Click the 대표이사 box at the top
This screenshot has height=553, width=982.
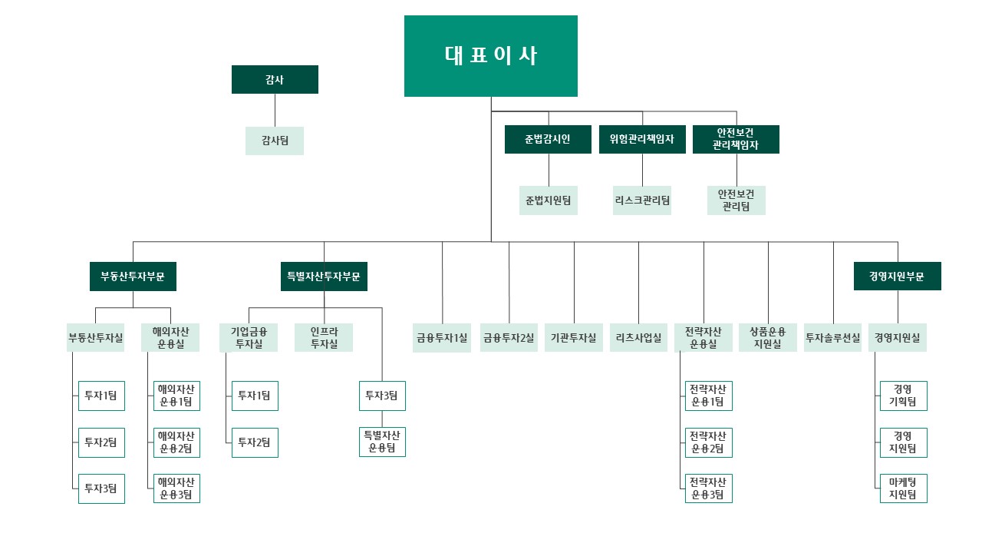pos(490,56)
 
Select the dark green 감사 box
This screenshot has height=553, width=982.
pos(275,79)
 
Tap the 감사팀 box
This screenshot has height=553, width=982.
pos(275,141)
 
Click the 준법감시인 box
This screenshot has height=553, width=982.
pos(548,139)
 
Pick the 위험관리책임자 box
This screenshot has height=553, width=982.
pos(642,139)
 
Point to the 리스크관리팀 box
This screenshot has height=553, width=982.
pos(642,200)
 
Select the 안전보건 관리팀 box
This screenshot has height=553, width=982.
pos(736,200)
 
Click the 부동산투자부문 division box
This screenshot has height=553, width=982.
pos(133,276)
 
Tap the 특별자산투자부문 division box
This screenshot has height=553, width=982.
pos(324,276)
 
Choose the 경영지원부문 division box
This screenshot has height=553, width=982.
pos(898,276)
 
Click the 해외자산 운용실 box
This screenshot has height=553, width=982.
pos(170,337)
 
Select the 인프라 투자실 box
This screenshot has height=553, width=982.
pos(324,337)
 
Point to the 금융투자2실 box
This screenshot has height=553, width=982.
pos(509,337)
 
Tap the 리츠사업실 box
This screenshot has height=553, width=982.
pos(638,337)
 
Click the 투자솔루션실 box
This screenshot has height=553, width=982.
pos(832,337)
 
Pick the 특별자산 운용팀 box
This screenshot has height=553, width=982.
pos(382,442)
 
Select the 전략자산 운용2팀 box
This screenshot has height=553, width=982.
pos(708,442)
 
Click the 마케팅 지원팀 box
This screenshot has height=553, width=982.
pos(904,488)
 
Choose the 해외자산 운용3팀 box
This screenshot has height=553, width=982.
pos(176,488)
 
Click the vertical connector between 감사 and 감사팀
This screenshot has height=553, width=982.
pos(275,110)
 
